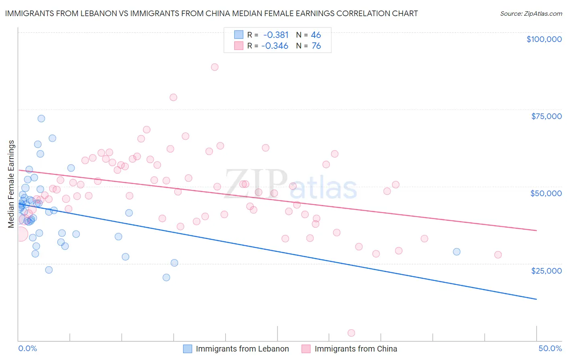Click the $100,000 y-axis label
click(544, 39)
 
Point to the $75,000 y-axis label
click(546, 116)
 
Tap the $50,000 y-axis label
click(546, 193)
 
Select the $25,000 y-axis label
click(546, 270)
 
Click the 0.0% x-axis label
click(27, 348)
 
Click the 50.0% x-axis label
click(550, 348)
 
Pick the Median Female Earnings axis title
click(11, 184)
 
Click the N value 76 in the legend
click(316, 46)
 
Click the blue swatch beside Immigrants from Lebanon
click(188, 349)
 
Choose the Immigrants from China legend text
click(356, 349)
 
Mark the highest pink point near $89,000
click(215, 67)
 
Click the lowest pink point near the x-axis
click(351, 333)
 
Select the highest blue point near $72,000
click(41, 119)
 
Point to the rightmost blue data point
click(457, 252)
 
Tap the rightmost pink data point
click(498, 255)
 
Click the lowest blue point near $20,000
click(166, 277)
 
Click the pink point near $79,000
click(173, 97)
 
